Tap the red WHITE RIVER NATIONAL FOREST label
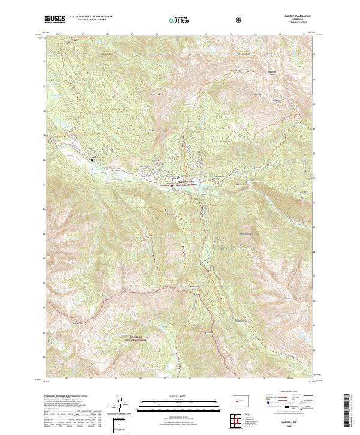[187, 184]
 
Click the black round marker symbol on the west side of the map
[92, 160]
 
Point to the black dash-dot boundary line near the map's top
[180, 54]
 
